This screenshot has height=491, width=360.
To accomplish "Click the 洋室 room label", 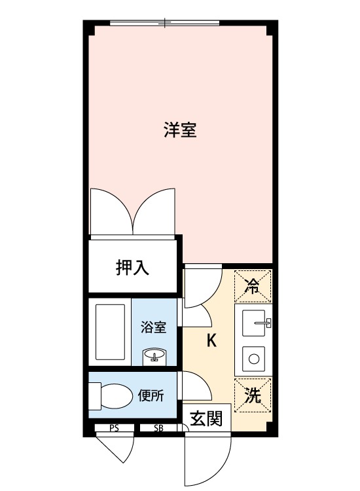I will [180, 130].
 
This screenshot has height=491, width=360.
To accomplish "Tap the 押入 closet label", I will [133, 267].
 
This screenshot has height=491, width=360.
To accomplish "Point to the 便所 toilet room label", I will [151, 395].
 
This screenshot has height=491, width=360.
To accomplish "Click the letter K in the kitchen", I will [211, 340].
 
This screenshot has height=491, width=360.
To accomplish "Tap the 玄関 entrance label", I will [206, 418].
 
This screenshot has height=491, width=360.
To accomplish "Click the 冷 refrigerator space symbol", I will [252, 285].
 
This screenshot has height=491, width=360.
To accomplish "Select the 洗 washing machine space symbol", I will [252, 395].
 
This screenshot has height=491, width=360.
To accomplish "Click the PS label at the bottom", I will [114, 429].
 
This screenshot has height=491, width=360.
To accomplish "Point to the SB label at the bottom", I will [158, 429].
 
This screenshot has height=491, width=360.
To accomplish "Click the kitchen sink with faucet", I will [254, 323].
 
